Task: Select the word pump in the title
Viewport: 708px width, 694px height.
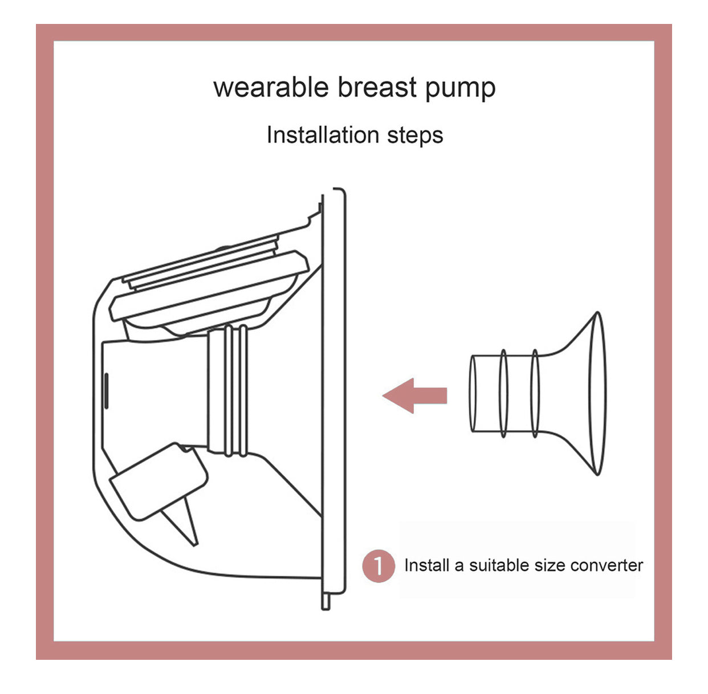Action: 461,89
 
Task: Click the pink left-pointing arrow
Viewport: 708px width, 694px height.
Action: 414,395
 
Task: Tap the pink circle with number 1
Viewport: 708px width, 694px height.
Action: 379,565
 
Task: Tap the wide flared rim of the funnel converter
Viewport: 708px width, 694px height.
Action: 597,394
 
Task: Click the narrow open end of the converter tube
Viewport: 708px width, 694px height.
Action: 473,394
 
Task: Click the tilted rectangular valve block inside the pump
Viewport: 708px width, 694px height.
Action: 158,481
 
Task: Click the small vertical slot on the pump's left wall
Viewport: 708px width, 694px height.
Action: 106,390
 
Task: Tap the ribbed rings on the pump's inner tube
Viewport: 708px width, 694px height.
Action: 235,391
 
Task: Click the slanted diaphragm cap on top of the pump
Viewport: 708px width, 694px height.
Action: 209,287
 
